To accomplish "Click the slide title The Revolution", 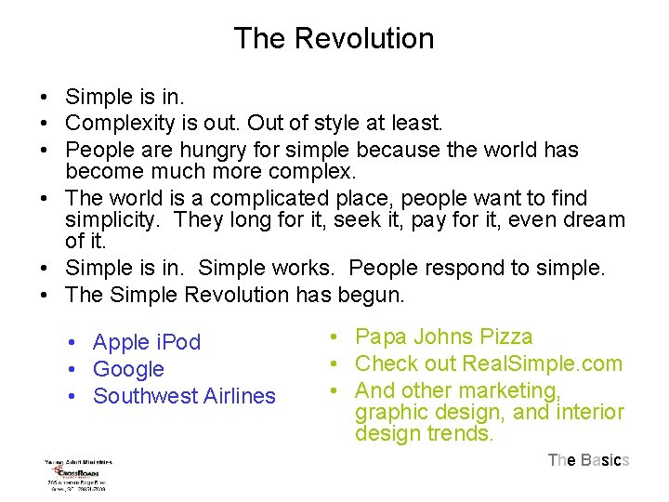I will click(x=334, y=39).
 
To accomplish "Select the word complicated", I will click(x=271, y=198).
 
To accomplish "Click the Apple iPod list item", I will click(x=147, y=342).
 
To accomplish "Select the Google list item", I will click(x=128, y=369).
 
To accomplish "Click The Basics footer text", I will click(x=588, y=460).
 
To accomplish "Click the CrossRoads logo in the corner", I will click(x=79, y=474).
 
